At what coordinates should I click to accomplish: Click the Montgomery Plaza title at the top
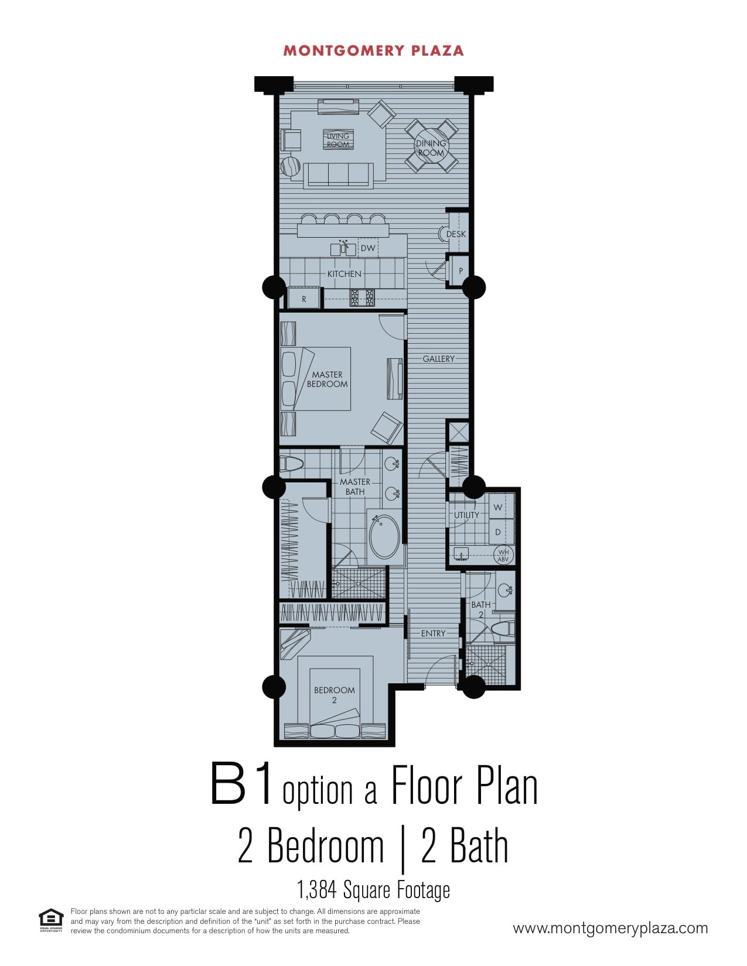pos(373,51)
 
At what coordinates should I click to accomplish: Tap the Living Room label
pos(338,140)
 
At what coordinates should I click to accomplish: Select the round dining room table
pos(431,146)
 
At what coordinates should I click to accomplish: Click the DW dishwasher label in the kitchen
pos(367,248)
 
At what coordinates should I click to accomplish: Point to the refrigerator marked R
pos(304,298)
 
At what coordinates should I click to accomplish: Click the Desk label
pos(456,234)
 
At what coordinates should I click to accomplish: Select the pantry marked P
pos(460,270)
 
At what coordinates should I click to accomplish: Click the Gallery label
pos(438,359)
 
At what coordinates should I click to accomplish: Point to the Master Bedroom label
pos(327,379)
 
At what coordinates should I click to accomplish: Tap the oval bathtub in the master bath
pos(384,536)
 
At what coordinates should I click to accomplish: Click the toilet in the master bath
pos(291,464)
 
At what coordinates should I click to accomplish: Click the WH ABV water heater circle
pos(503,555)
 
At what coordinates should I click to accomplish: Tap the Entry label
pos(433,633)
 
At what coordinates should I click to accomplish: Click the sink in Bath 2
pos(505,590)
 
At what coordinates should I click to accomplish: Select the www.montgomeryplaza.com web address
pos(610,928)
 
